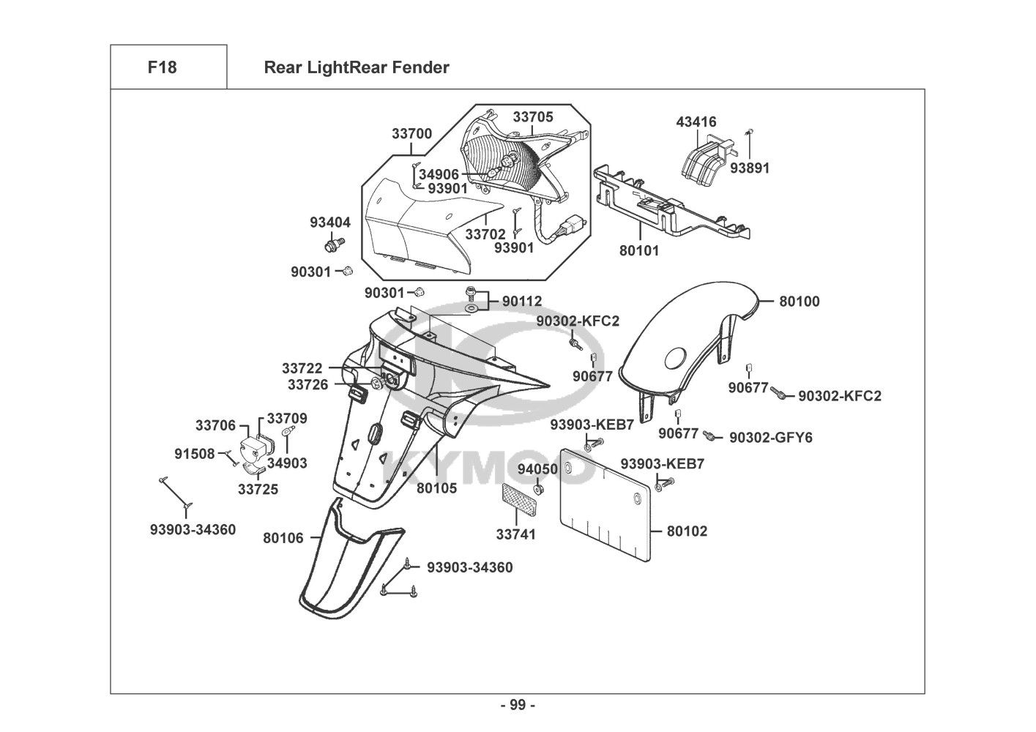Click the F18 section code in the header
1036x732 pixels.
pos(162,67)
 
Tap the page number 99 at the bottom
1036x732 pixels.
pos(518,705)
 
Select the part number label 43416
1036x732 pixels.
pos(696,122)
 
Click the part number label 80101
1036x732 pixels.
pos(639,250)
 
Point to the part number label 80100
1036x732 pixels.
pos(800,301)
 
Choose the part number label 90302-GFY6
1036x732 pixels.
pos(771,438)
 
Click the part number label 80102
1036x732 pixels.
pos(687,531)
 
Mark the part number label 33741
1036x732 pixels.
pos(516,534)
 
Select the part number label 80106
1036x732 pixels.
pos(283,538)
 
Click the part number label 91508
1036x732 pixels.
pos(195,454)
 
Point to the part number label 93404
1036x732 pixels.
pos(330,223)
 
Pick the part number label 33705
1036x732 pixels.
pos(533,117)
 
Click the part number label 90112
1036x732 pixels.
pos(522,301)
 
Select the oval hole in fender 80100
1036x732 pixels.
pos(674,359)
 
